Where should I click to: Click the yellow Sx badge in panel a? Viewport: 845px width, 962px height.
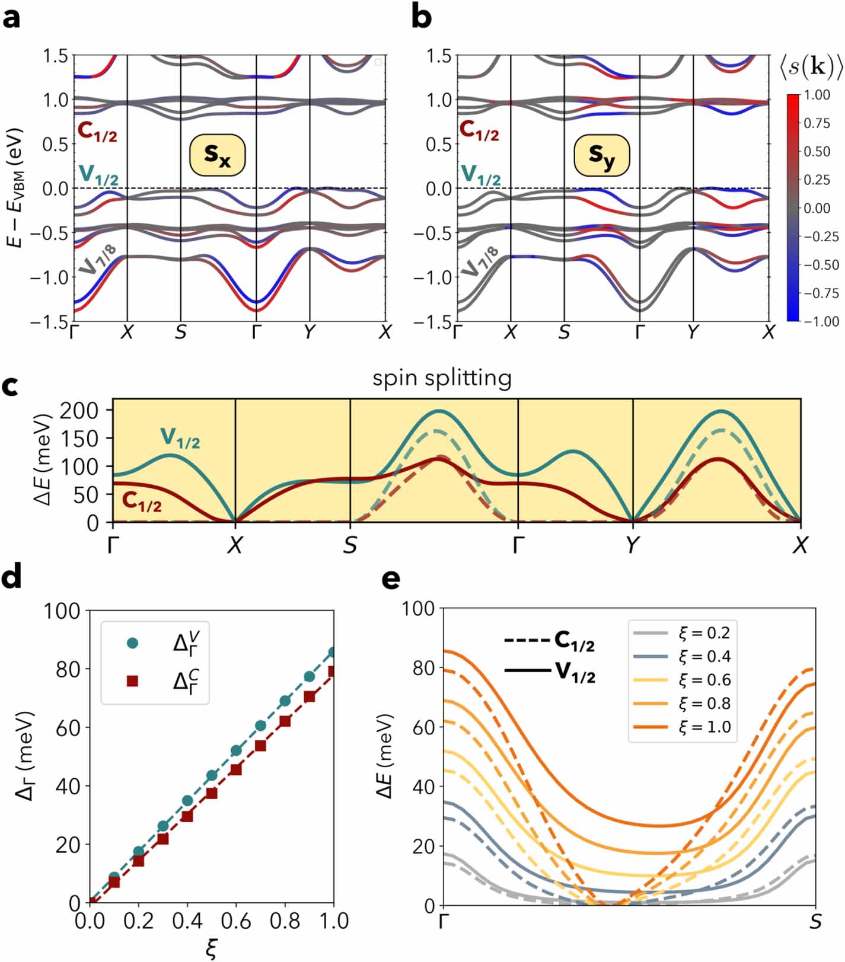pyautogui.click(x=217, y=155)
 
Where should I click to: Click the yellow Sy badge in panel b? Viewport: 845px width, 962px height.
pyautogui.click(x=601, y=156)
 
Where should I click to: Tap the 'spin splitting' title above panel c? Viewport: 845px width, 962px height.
pyautogui.click(x=442, y=378)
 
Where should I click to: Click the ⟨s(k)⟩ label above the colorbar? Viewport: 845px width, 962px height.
pyautogui.click(x=811, y=68)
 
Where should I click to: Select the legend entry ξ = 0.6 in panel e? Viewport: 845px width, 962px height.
pyautogui.click(x=704, y=680)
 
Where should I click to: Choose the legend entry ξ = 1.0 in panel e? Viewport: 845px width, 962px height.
pyautogui.click(x=704, y=727)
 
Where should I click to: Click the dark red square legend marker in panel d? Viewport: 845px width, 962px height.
pyautogui.click(x=133, y=682)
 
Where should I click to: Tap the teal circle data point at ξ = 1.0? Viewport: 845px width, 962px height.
pyautogui.click(x=333, y=653)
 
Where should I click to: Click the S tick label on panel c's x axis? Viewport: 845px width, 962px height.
pyautogui.click(x=350, y=545)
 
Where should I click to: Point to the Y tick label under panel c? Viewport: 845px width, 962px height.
pyautogui.click(x=633, y=545)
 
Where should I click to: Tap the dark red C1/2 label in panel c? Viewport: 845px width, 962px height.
pyautogui.click(x=142, y=502)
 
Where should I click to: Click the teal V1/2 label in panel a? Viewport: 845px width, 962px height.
pyautogui.click(x=98, y=175)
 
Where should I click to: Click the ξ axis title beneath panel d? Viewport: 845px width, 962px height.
pyautogui.click(x=211, y=950)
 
